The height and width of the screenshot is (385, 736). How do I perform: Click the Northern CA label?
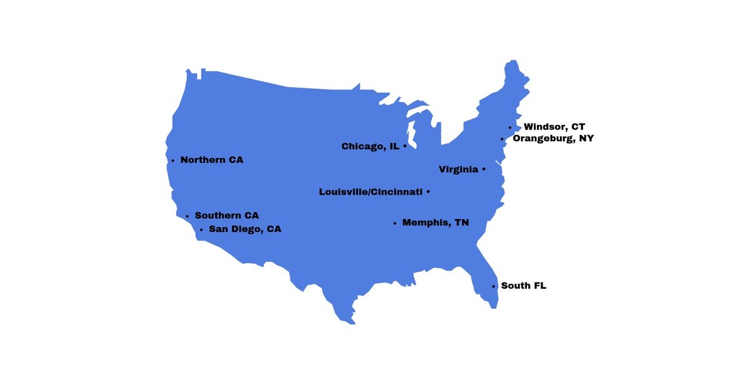[x=211, y=159]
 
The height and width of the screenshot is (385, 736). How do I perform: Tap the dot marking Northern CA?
[x=172, y=160]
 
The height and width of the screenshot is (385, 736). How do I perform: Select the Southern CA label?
[x=226, y=215]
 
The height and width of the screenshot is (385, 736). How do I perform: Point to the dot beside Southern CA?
[x=187, y=216]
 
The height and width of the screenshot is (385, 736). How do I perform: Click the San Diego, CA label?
[x=245, y=229]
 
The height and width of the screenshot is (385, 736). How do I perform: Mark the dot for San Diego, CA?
[x=201, y=230]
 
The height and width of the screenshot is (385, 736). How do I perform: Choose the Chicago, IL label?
[x=370, y=147]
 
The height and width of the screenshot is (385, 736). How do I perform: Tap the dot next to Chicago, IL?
[x=405, y=146]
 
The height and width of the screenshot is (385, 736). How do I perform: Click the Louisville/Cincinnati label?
[x=370, y=192]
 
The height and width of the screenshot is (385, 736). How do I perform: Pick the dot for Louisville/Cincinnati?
[x=428, y=192]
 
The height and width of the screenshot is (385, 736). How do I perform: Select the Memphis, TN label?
[x=436, y=223]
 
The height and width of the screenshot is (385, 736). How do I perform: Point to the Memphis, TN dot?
[x=395, y=223]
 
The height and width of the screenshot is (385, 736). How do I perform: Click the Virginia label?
[x=458, y=170]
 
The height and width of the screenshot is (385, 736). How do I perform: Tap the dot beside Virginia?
[x=484, y=170]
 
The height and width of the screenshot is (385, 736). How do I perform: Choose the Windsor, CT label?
[x=554, y=127]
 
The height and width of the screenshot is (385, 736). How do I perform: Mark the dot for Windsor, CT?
[x=510, y=128]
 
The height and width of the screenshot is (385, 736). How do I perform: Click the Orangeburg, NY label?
[x=553, y=138]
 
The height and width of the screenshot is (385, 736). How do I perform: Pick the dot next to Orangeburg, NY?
[x=502, y=139]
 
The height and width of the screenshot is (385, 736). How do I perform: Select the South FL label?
[x=523, y=286]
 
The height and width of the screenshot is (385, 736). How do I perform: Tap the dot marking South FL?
[x=493, y=287]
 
